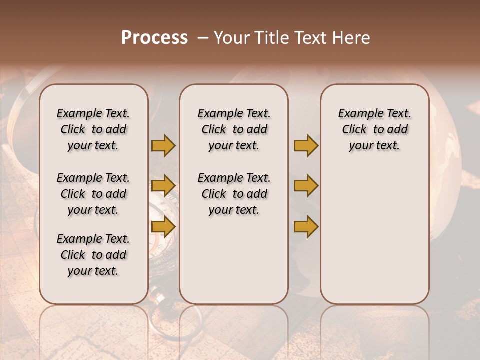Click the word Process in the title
tap(154, 38)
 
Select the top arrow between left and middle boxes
tap(163, 145)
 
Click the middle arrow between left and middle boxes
tap(163, 186)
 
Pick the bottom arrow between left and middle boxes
tap(163, 226)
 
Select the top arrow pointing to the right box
tap(306, 145)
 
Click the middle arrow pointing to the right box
tap(306, 186)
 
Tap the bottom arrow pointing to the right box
tap(306, 226)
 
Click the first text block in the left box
tap(93, 129)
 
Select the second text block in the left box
tap(93, 194)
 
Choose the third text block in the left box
tap(93, 255)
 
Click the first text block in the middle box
tap(234, 129)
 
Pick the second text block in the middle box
tap(234, 194)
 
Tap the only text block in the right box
tap(374, 129)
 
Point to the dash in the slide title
tap(203, 38)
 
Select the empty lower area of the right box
tap(374, 235)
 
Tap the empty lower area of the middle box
tap(234, 260)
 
